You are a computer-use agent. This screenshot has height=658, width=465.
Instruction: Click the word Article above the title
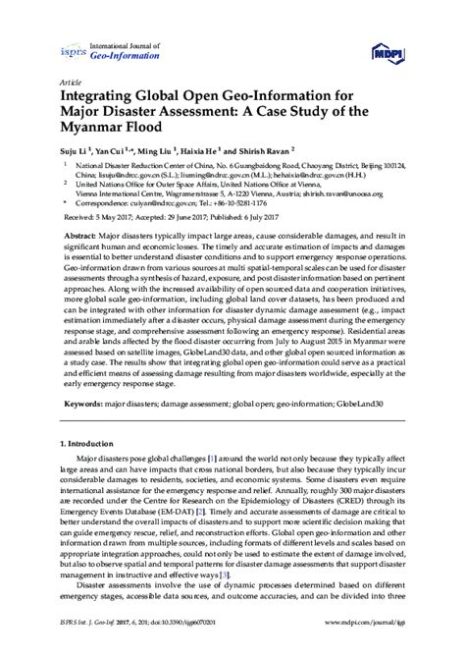point(74,83)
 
